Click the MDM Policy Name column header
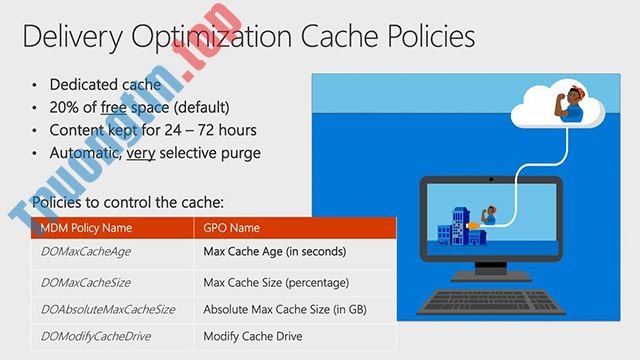tap(86, 227)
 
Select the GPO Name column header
tap(233, 227)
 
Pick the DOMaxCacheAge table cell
tap(86, 252)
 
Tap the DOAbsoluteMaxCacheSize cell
tap(106, 309)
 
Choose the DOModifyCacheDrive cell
tap(96, 335)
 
